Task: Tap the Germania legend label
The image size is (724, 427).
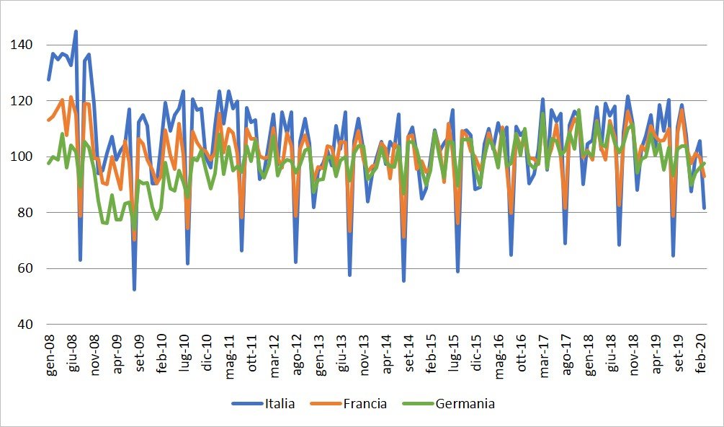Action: (465, 404)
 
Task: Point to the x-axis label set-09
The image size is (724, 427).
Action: (140, 353)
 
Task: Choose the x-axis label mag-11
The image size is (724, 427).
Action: (230, 353)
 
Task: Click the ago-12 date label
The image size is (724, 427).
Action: (297, 353)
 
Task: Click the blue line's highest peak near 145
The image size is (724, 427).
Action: (76, 31)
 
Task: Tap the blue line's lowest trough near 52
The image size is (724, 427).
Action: (134, 289)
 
